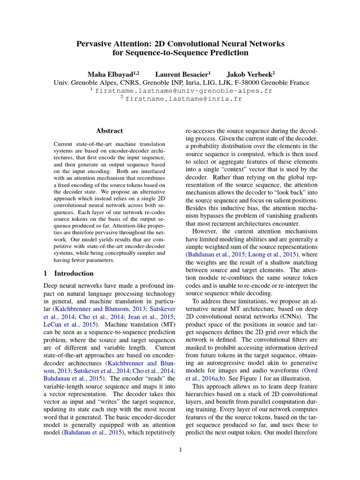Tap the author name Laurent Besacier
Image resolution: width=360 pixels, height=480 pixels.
point(182,74)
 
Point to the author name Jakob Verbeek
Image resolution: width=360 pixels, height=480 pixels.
point(249,74)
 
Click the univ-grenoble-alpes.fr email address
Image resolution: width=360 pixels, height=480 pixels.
point(183,91)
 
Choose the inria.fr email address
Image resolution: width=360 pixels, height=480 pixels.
point(183,99)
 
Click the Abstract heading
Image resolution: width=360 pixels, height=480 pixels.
point(109,131)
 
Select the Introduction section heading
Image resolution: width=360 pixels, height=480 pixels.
point(74,273)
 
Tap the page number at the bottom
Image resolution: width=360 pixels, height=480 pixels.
point(180,450)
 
